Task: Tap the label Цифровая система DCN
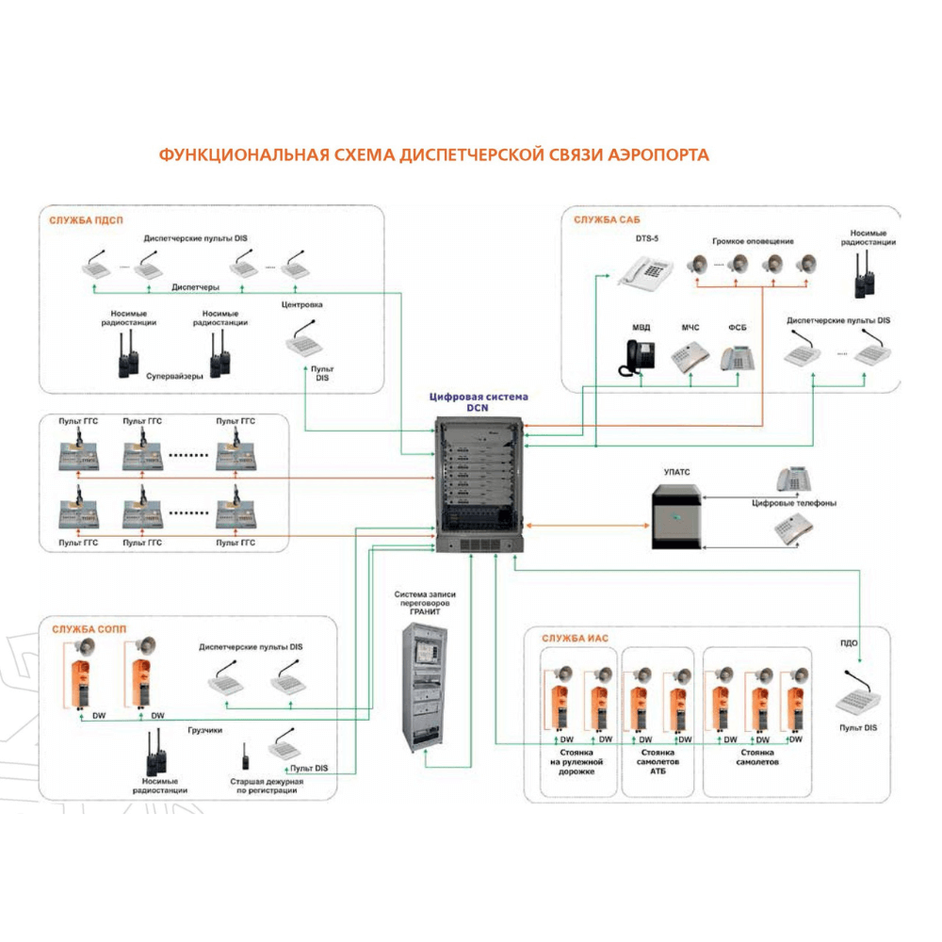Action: [x=479, y=402]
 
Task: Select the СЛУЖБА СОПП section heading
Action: [x=89, y=629]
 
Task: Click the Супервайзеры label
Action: [x=174, y=375]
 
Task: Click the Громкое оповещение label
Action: [x=753, y=242]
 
